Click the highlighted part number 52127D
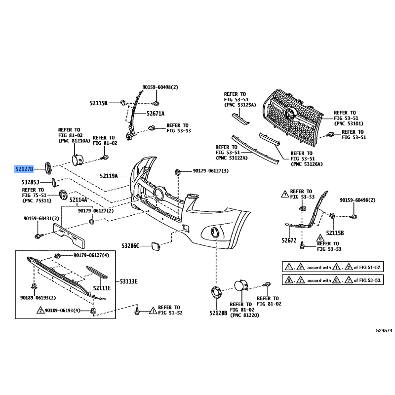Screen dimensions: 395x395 pos(24,169)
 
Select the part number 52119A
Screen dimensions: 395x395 pos(109,175)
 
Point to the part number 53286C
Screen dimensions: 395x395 pos(131,245)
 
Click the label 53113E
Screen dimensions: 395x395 pos(128,281)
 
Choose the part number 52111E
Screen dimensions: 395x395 pos(102,287)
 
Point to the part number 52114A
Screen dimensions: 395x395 pos(78,200)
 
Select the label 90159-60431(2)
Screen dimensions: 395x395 pos(41,218)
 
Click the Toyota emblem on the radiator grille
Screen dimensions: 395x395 pos(292,116)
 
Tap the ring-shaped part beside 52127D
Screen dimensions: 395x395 pos(48,167)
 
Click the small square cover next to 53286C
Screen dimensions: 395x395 pos(154,245)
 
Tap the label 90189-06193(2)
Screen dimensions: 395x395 pos(38,298)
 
